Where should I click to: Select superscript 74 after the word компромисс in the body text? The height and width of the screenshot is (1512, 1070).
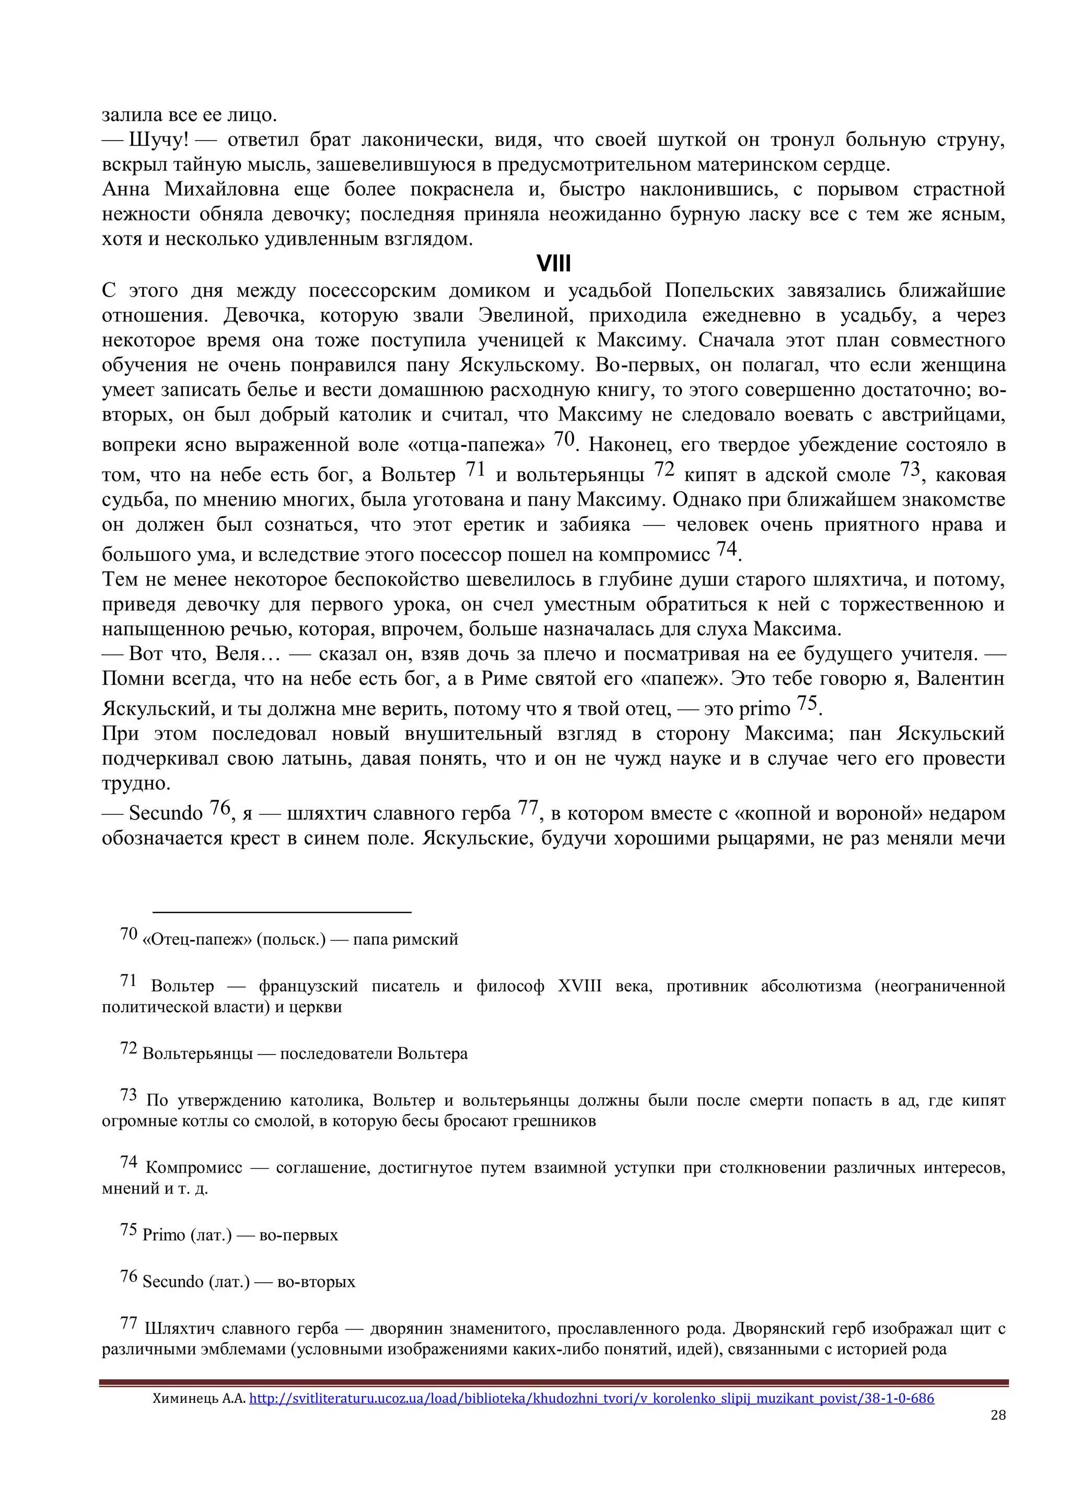point(726,548)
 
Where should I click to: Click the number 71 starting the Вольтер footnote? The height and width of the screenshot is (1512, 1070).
point(129,980)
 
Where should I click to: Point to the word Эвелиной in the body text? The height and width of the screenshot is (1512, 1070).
point(526,315)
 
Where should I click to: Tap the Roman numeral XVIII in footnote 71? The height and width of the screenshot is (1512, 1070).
point(580,986)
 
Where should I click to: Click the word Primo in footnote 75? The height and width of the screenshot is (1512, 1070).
point(164,1235)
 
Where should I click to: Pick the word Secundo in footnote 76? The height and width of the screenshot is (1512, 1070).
point(172,1282)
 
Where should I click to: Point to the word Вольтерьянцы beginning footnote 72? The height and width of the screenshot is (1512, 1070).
point(197,1053)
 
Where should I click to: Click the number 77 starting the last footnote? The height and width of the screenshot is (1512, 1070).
point(129,1323)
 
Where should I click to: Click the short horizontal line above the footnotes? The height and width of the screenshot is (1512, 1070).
point(282,912)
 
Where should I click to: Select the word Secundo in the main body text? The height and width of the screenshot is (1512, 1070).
point(166,813)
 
